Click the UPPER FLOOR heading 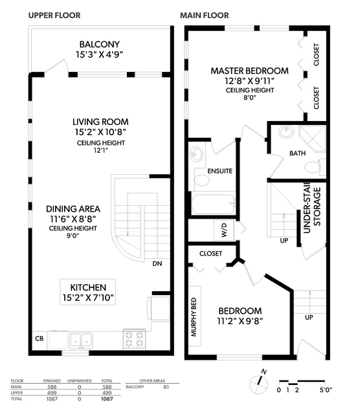tap(54, 16)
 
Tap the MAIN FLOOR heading tap(205, 16)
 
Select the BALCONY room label tap(100, 45)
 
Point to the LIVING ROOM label tap(100, 122)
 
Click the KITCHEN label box tap(88, 292)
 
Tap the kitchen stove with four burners tap(134, 339)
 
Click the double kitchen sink tap(81, 340)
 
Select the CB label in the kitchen tap(39, 338)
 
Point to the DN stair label tap(157, 264)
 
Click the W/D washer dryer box tap(224, 230)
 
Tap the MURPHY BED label tap(194, 317)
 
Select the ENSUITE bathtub tap(213, 204)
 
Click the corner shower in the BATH tap(312, 138)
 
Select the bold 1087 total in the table tap(107, 399)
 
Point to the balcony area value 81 tap(166, 387)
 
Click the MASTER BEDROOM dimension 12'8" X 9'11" tap(250, 82)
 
